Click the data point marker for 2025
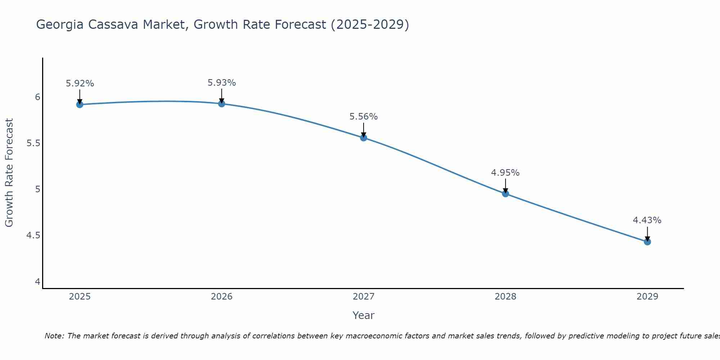pos(80,104)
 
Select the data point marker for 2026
pos(222,104)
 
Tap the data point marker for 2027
pos(364,138)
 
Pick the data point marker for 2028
pos(505,194)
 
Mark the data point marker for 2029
pos(647,242)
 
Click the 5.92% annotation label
pos(80,84)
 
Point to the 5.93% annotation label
pos(222,83)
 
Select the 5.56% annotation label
pos(364,117)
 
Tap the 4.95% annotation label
pos(505,173)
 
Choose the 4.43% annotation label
pos(647,220)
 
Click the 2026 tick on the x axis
pos(222,297)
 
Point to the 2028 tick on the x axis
pos(505,297)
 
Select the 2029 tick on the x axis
pos(647,297)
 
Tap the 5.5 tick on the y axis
pos(33,143)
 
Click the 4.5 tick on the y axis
pos(33,235)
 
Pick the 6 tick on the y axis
pos(37,97)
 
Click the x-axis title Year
pos(364,315)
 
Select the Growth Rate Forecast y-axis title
pos(9,173)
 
